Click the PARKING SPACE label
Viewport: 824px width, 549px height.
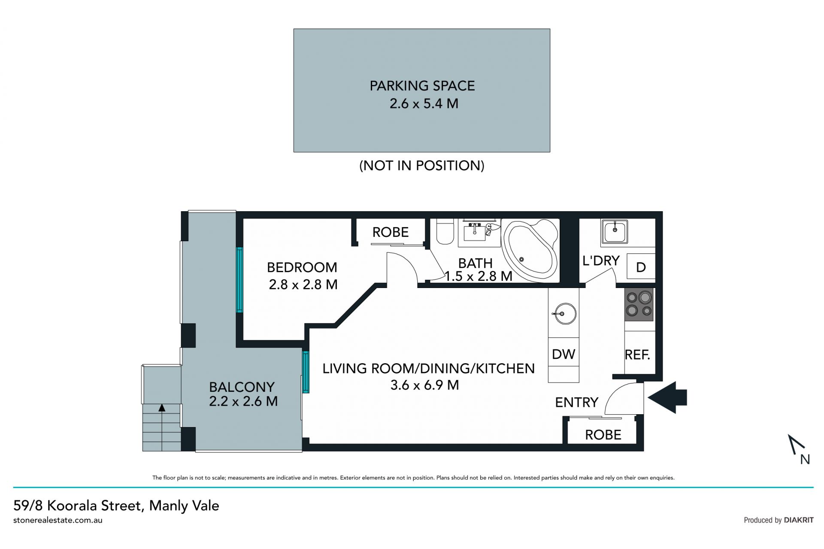[x=422, y=86]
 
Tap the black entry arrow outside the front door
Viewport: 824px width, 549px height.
[x=667, y=397]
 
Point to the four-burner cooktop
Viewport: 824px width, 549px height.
[x=639, y=304]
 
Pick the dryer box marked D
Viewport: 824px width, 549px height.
[x=641, y=267]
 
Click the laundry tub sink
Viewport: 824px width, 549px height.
[x=615, y=232]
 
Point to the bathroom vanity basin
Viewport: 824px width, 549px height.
[x=476, y=232]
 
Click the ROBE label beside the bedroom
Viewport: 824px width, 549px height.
[x=390, y=232]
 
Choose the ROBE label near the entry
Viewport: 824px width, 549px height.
[x=603, y=435]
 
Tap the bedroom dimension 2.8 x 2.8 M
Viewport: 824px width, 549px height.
[x=303, y=285]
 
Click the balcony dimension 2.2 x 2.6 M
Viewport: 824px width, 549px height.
[x=243, y=401]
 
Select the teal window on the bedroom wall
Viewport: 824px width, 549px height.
[x=239, y=279]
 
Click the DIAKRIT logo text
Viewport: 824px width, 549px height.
[x=799, y=520]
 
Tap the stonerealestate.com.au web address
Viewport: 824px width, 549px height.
[x=58, y=520]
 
